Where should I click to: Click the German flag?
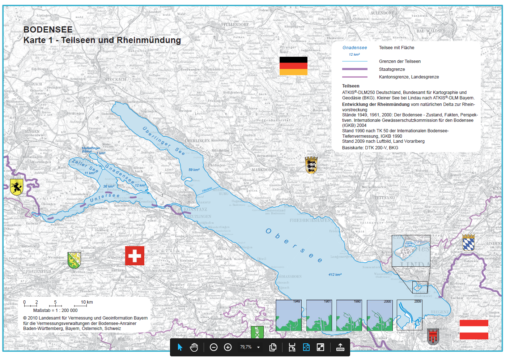[x=293, y=66]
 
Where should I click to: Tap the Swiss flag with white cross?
[x=135, y=256]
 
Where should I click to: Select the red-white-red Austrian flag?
[x=474, y=329]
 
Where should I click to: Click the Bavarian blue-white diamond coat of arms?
[x=468, y=243]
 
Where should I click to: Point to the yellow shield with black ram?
[x=17, y=187]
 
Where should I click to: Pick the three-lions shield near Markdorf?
[x=311, y=165]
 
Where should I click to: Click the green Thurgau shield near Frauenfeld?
[x=74, y=260]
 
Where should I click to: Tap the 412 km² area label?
[x=335, y=275]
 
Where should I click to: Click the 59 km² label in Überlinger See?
[x=194, y=170]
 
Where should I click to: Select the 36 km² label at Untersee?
[x=109, y=187]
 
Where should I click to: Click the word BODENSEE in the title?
[x=48, y=30]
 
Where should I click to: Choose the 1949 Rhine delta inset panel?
[x=289, y=315]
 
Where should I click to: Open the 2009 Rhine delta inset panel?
[x=409, y=315]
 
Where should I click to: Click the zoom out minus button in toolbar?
[x=213, y=347]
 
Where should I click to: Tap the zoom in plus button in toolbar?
[x=228, y=347]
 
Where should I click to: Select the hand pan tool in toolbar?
[x=194, y=347]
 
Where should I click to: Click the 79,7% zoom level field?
[x=246, y=347]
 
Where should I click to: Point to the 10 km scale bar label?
[x=87, y=302]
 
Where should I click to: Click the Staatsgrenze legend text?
[x=392, y=69]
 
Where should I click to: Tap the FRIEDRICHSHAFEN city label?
[x=310, y=220]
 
